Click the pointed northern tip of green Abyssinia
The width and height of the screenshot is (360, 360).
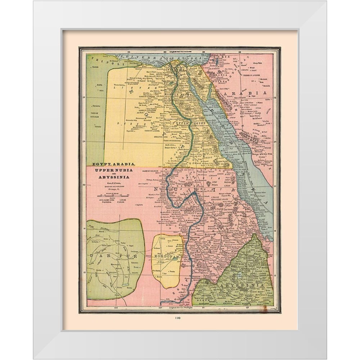255,235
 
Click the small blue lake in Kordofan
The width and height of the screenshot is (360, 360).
176,258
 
